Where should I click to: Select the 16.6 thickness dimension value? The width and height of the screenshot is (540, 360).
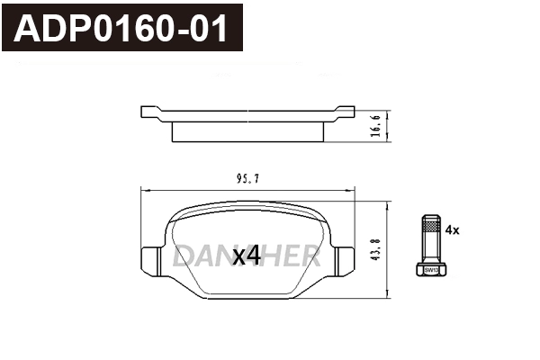[376, 127]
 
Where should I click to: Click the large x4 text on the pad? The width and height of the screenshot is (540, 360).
[247, 256]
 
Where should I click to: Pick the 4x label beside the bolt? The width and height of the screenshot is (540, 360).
[453, 230]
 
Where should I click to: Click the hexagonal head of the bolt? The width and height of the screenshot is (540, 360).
[430, 268]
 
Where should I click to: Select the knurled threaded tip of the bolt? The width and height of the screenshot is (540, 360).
[430, 228]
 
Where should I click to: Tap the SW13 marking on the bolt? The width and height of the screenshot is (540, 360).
[430, 269]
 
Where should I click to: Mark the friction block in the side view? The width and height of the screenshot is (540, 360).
[247, 132]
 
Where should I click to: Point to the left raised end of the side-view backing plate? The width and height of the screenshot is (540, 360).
[150, 112]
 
